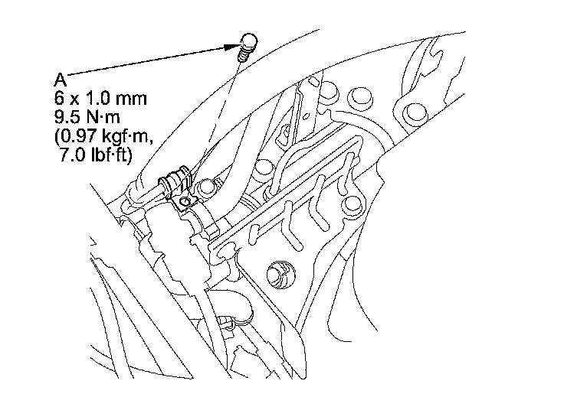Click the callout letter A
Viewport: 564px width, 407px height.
pos(61,79)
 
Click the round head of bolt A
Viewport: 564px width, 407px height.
pos(248,41)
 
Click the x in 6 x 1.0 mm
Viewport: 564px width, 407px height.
pos(76,99)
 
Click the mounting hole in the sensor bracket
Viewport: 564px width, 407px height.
pos(184,201)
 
